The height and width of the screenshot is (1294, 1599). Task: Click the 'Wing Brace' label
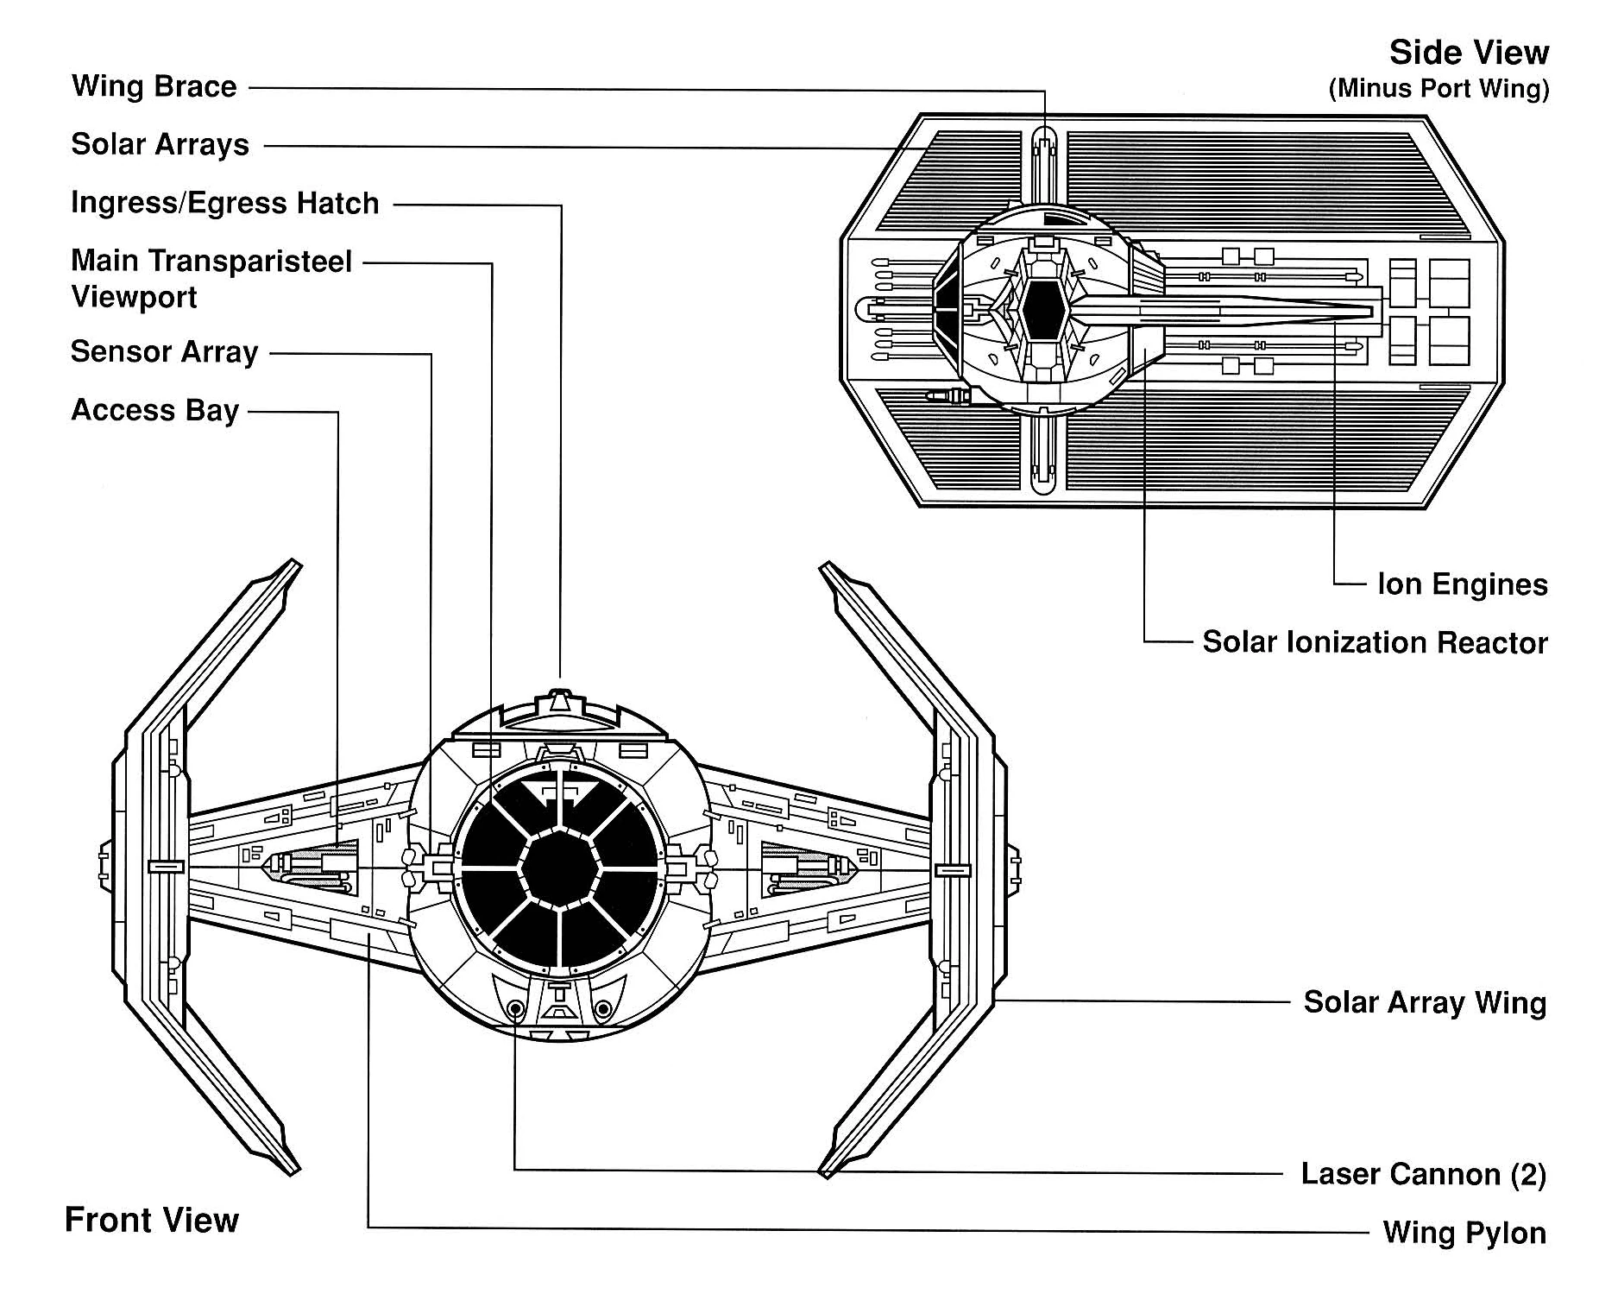(x=154, y=86)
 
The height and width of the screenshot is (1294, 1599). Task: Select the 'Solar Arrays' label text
(x=160, y=144)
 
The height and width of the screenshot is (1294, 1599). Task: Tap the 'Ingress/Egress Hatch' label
(x=224, y=203)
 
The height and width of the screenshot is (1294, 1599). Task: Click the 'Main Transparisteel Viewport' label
(x=211, y=278)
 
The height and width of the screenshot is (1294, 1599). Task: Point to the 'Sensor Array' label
(x=164, y=352)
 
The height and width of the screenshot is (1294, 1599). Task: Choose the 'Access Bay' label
(x=154, y=410)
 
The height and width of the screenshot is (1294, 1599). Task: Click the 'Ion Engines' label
(x=1462, y=584)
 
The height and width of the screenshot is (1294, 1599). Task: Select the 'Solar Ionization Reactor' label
(x=1375, y=642)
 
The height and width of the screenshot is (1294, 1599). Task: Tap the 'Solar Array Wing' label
(x=1424, y=1002)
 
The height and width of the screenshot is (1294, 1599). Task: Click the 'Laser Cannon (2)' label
(x=1423, y=1174)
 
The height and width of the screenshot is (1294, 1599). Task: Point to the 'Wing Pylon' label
(x=1464, y=1233)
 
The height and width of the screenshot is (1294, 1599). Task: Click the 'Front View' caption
(x=151, y=1220)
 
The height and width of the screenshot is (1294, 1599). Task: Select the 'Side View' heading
(x=1468, y=53)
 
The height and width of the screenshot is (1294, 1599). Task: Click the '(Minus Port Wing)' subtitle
(x=1438, y=88)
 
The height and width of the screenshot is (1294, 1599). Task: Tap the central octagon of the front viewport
(x=560, y=868)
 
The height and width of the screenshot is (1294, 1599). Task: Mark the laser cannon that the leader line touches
(x=515, y=1008)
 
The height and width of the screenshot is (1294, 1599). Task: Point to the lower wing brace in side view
(x=1044, y=453)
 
